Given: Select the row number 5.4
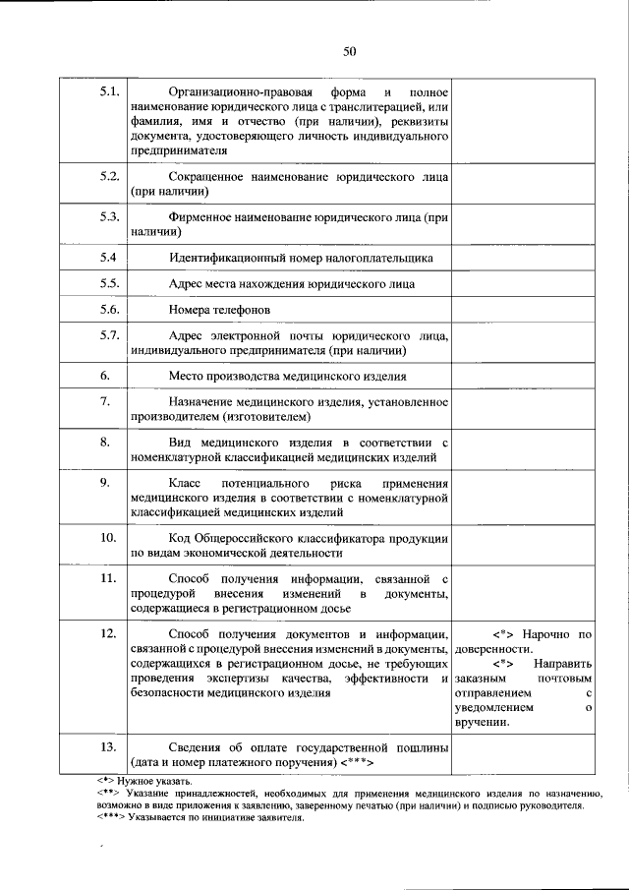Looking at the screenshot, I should [x=109, y=258].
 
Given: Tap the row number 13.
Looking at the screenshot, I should [x=109, y=747].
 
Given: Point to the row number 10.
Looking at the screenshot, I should [x=109, y=538].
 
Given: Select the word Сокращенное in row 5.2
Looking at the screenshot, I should [x=207, y=178].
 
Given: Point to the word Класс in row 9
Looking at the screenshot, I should [x=186, y=485].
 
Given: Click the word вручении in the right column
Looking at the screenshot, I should [x=483, y=723].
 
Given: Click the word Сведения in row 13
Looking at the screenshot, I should [x=200, y=747].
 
